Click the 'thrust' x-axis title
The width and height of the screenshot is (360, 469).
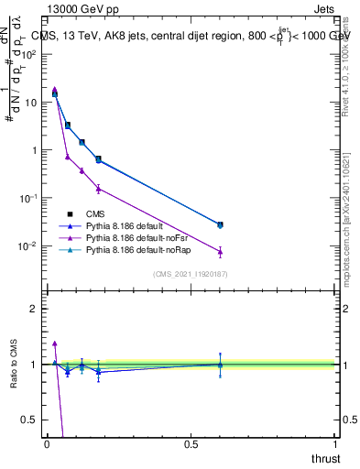326,458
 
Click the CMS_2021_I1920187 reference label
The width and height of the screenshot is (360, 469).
191,273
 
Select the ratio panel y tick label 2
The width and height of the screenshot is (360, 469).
34,309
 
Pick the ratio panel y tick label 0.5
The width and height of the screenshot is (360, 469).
29,420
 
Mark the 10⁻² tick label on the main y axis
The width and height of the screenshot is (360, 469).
28,245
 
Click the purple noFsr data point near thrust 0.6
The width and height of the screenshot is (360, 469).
220,251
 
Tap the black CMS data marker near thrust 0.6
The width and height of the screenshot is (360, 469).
220,224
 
